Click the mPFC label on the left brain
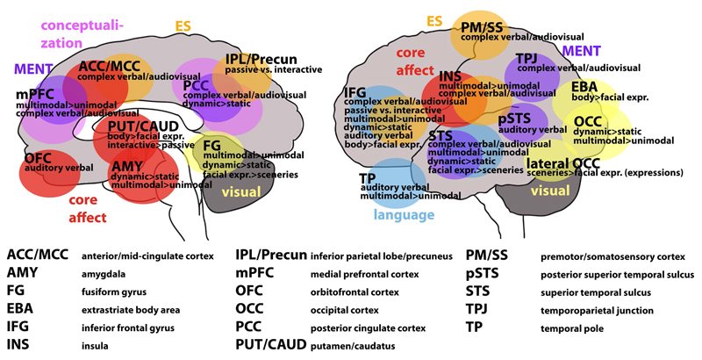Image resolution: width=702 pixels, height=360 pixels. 34,94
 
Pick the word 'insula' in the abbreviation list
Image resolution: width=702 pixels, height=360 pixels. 96,346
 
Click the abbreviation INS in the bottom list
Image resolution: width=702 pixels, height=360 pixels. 20,345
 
